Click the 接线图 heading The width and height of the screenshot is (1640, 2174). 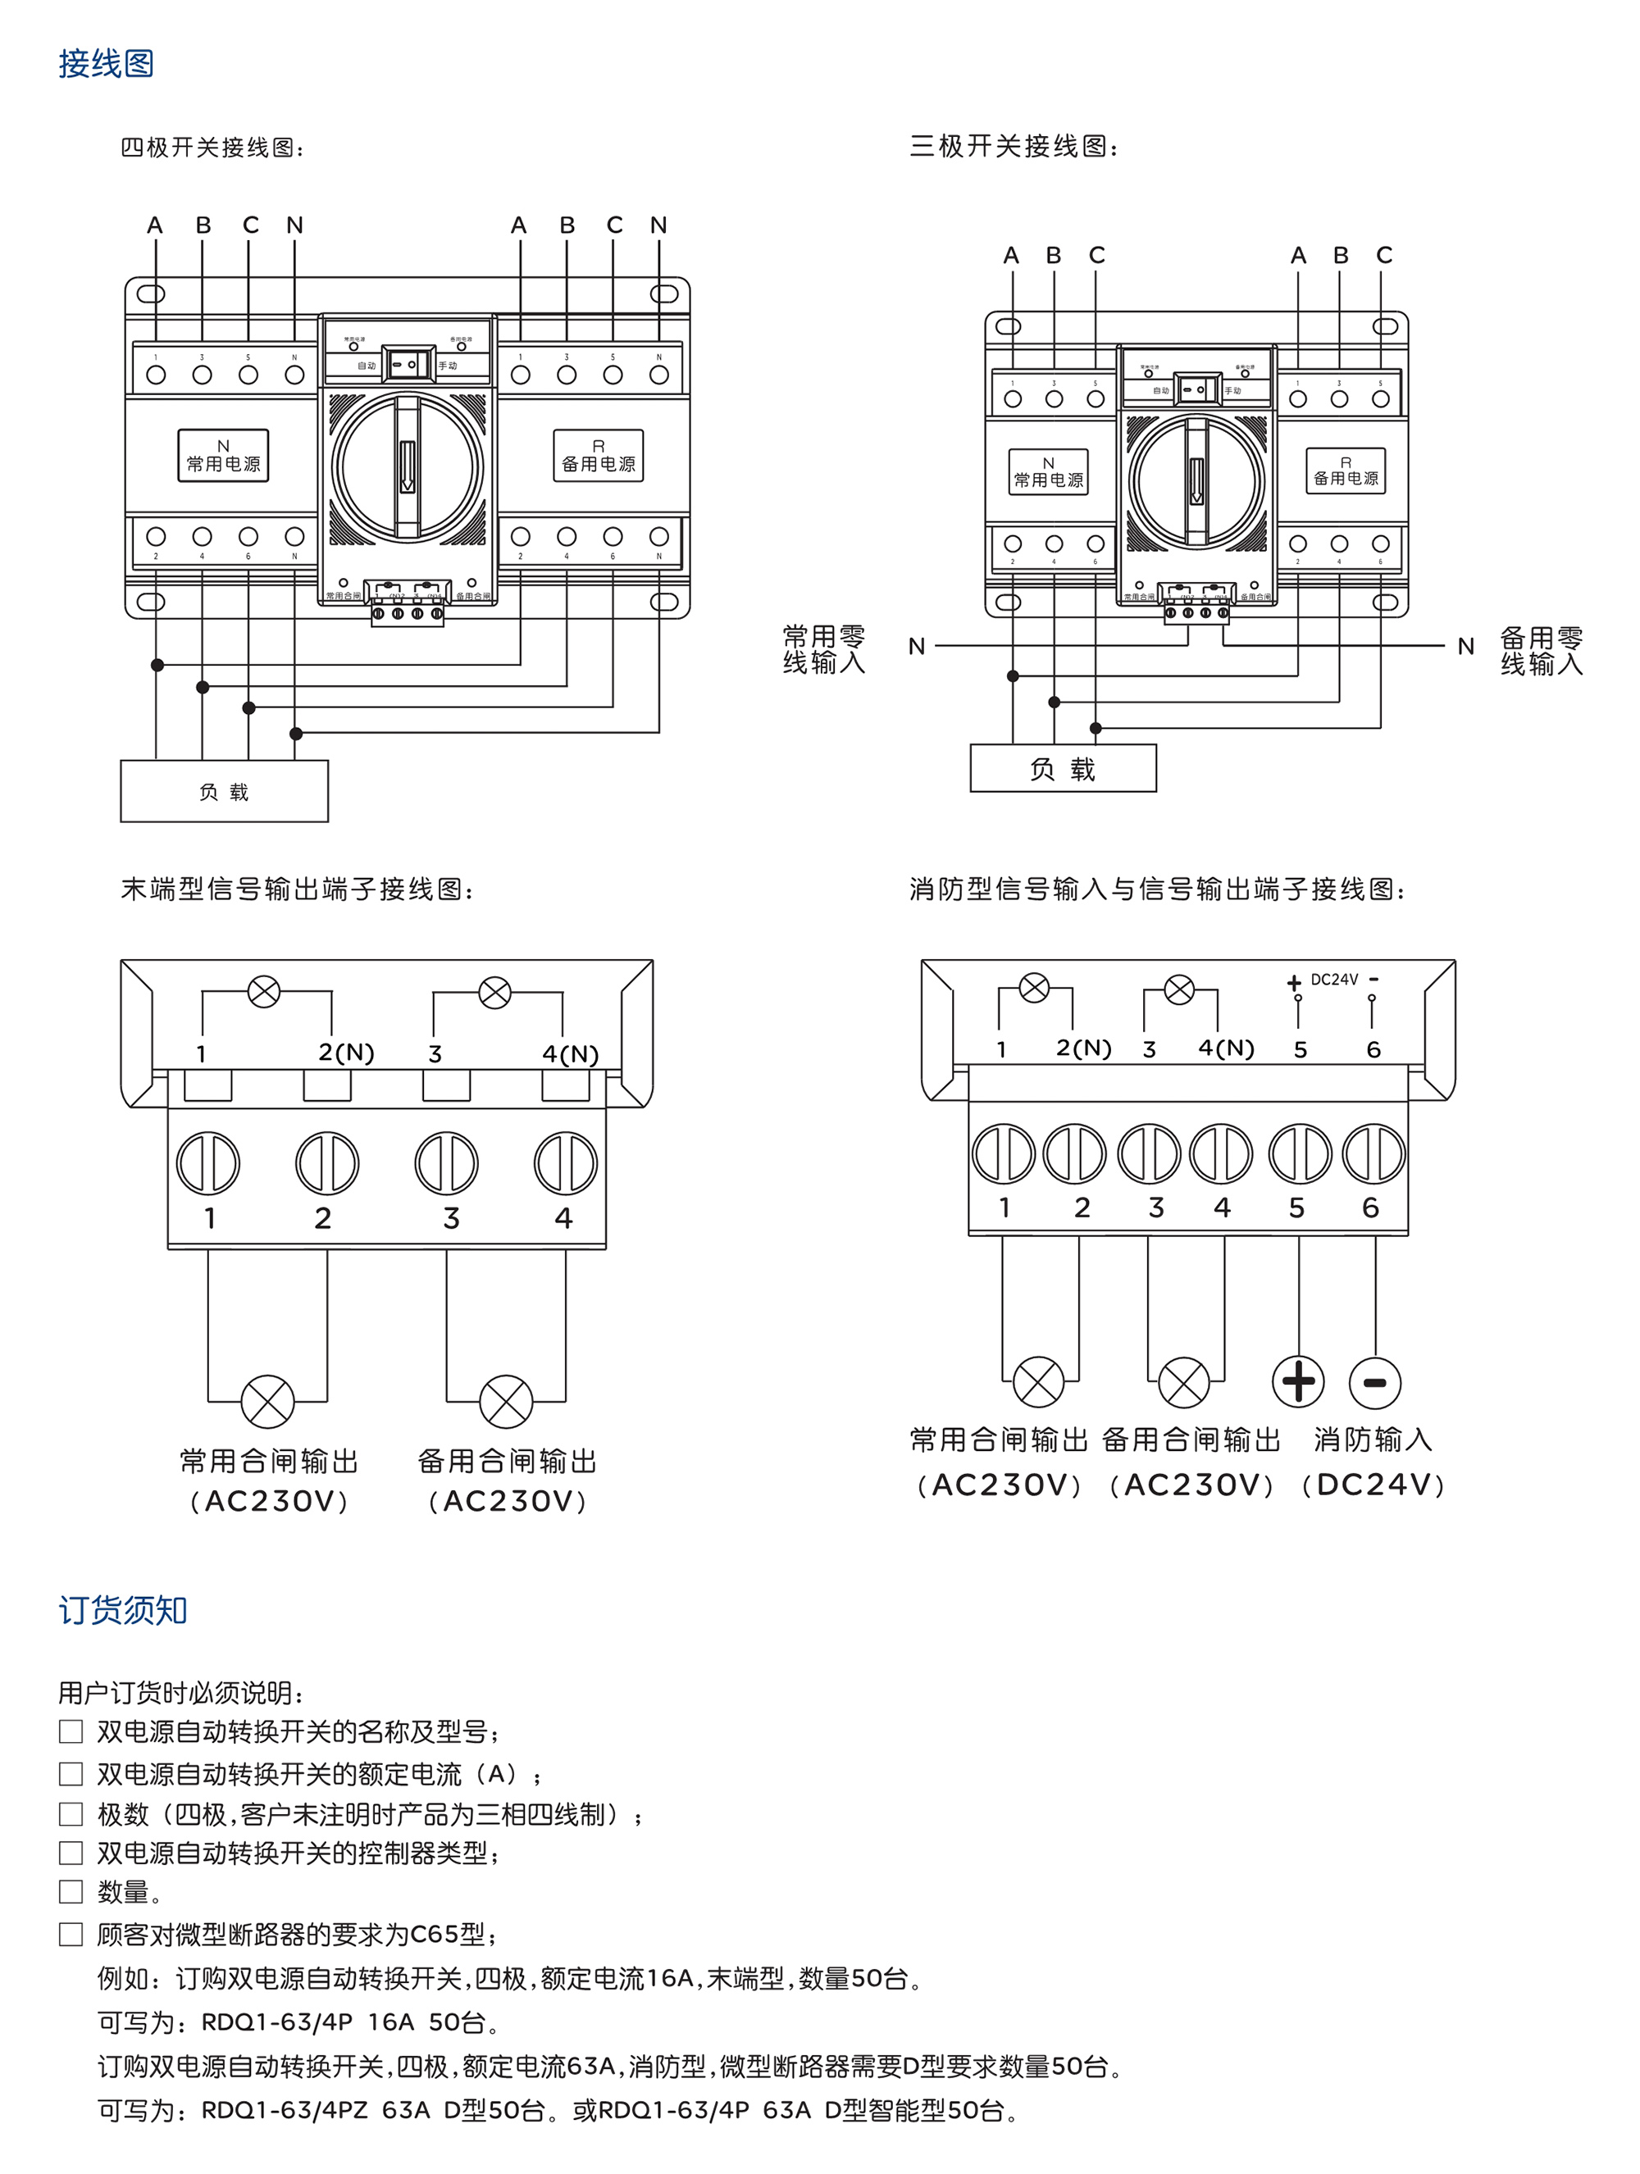(106, 64)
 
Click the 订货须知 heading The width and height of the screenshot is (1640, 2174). (123, 1610)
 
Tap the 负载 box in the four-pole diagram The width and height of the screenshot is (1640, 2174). (224, 791)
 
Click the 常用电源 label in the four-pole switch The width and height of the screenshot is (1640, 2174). (223, 456)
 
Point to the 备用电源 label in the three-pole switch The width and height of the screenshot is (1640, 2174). (1345, 471)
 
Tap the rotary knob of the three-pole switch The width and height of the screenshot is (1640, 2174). (1196, 481)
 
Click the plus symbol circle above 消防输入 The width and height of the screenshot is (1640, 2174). (1298, 1382)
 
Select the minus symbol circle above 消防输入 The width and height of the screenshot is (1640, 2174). (1374, 1383)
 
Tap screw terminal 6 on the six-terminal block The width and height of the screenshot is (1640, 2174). (1373, 1154)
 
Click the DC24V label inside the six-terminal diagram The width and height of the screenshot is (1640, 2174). (1334, 980)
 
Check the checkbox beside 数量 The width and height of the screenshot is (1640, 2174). (71, 1892)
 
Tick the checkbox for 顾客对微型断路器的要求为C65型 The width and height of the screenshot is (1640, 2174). (71, 1934)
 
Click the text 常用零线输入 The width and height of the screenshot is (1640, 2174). (824, 649)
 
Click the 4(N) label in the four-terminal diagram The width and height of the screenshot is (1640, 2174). (570, 1053)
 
